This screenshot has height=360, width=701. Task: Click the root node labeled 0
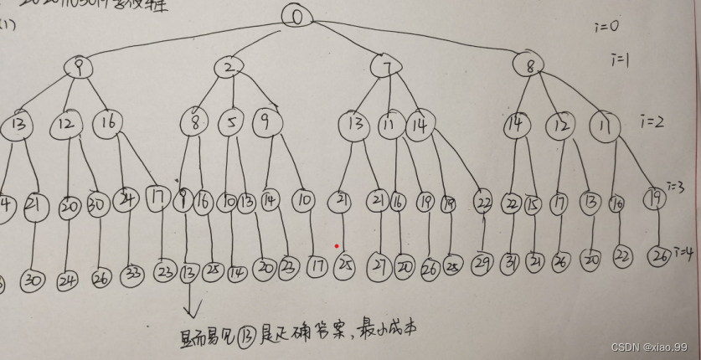point(296,16)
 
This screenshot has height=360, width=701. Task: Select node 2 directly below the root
point(228,67)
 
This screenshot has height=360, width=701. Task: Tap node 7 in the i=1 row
point(386,66)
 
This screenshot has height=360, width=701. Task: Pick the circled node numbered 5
point(230,124)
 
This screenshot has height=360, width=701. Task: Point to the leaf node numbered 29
point(482,265)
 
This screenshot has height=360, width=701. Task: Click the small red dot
point(337,246)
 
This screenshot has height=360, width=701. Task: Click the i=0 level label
point(605,26)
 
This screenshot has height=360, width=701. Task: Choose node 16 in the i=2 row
point(108,122)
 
